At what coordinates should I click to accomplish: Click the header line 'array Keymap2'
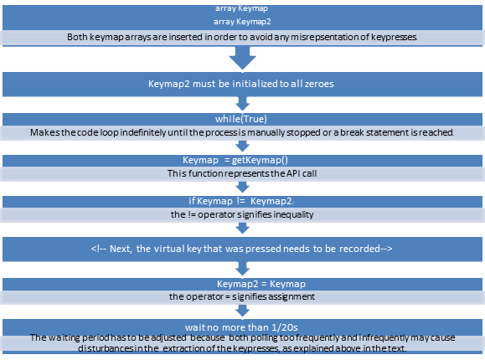click(x=242, y=22)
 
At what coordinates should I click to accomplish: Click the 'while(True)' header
click(x=242, y=118)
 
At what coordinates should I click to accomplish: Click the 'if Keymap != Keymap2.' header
click(x=242, y=201)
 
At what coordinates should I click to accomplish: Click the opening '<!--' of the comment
click(x=99, y=249)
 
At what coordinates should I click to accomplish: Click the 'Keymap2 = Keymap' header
click(x=242, y=283)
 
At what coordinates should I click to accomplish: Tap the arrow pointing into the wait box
click(x=242, y=312)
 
